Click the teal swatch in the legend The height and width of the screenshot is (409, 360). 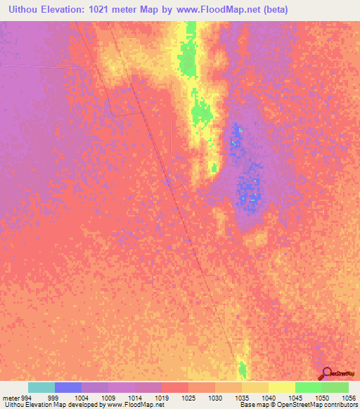pyautogui.click(x=41, y=387)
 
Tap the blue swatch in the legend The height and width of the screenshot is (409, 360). pyautogui.click(x=68, y=387)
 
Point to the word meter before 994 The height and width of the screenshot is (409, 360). pyautogui.click(x=10, y=397)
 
